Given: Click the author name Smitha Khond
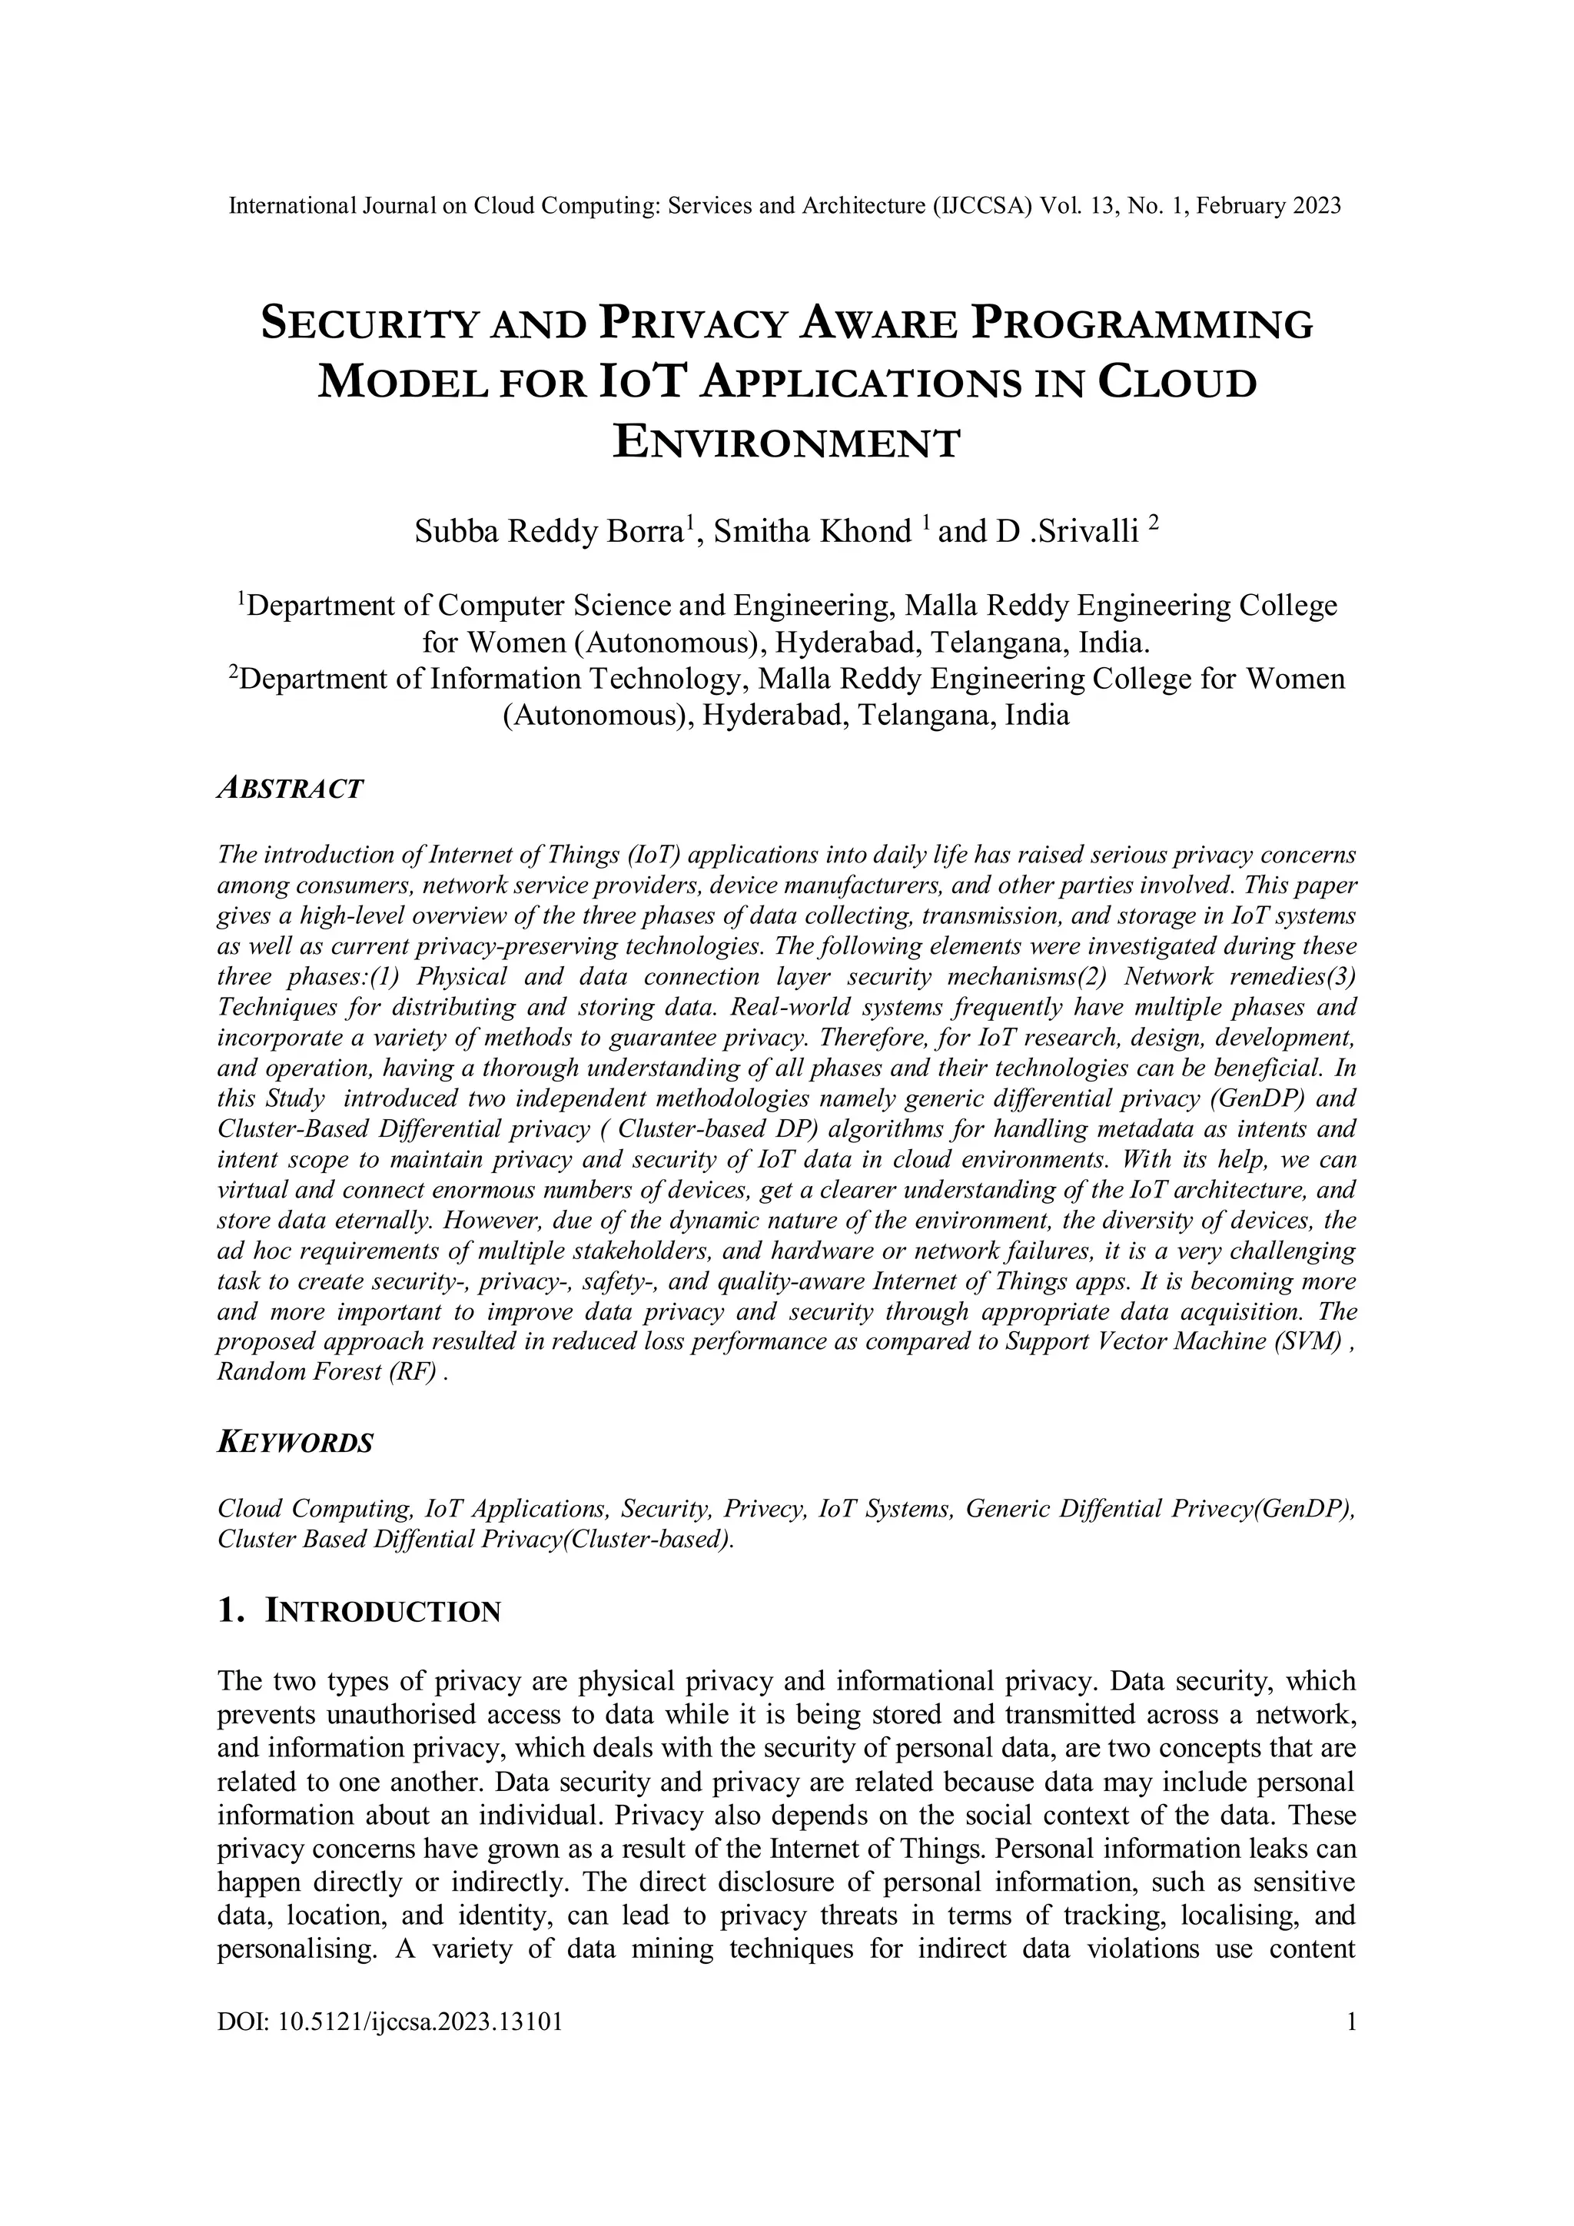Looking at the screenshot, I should point(812,531).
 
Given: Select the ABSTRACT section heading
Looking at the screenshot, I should point(290,788).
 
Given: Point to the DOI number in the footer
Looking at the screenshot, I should point(420,2022).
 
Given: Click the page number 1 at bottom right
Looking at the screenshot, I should point(1350,2022).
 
